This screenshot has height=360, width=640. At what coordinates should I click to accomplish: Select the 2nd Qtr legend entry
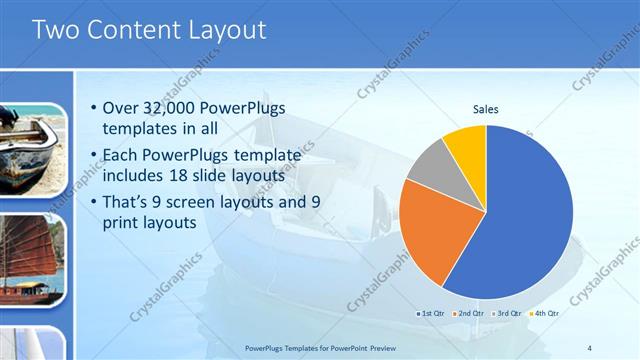[470, 314]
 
